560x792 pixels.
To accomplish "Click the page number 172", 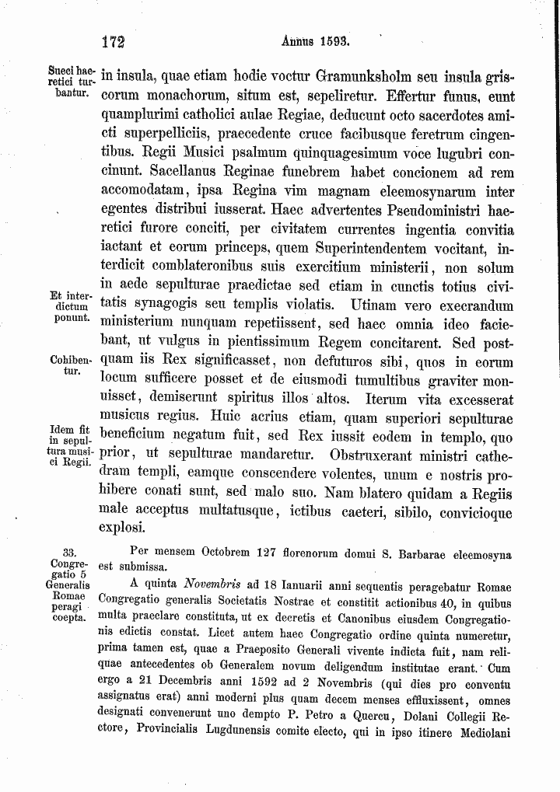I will coord(114,41).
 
